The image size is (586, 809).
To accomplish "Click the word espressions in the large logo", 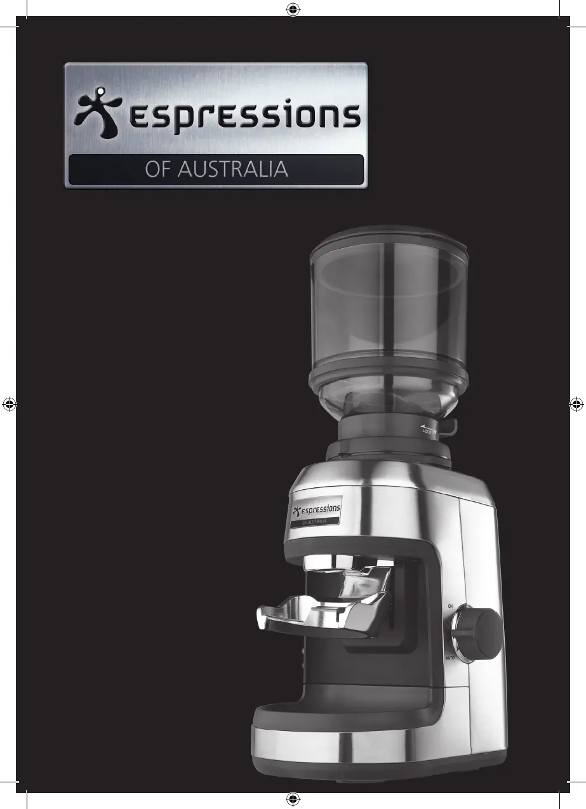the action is tap(245, 115).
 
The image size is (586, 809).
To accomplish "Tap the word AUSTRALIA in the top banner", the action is tap(232, 169).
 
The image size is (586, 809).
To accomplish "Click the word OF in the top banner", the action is tap(158, 169).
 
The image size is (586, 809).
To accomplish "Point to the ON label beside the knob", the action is tap(450, 606).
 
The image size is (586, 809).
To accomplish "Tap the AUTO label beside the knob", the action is tap(449, 658).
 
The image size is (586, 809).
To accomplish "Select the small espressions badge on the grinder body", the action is tap(316, 512).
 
